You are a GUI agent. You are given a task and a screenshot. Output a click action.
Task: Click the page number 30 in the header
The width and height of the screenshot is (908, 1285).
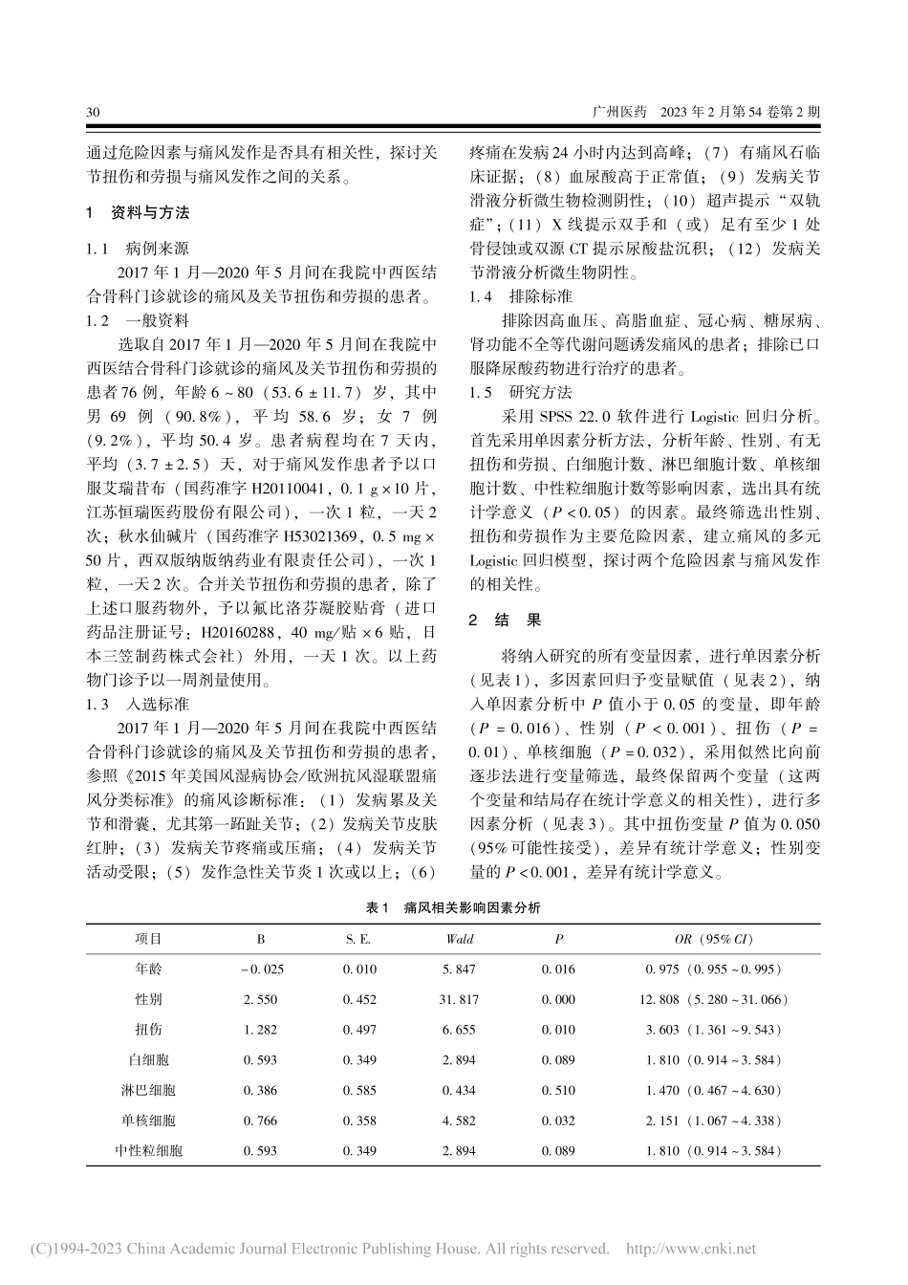click(93, 112)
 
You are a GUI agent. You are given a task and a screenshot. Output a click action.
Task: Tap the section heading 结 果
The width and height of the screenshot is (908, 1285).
click(517, 620)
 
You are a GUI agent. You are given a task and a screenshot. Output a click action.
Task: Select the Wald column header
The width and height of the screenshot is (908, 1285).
click(459, 939)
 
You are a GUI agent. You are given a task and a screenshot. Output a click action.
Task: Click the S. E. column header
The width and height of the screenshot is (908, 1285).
click(358, 939)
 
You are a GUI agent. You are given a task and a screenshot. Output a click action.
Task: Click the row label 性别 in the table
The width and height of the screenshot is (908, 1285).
click(148, 999)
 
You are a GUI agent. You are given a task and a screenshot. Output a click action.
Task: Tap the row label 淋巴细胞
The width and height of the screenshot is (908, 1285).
click(148, 1090)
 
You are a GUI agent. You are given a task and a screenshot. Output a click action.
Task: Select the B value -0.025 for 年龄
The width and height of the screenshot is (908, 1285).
click(263, 969)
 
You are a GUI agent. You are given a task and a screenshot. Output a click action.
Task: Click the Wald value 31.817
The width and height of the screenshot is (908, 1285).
click(459, 999)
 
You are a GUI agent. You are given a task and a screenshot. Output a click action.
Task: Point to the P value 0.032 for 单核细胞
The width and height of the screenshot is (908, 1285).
click(558, 1121)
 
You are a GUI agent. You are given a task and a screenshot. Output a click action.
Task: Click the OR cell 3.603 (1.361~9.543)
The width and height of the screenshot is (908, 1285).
click(713, 1030)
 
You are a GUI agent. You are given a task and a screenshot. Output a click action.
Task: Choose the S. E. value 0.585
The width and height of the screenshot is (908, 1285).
click(358, 1090)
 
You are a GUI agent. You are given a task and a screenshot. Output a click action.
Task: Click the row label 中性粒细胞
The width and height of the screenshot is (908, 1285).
click(148, 1150)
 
